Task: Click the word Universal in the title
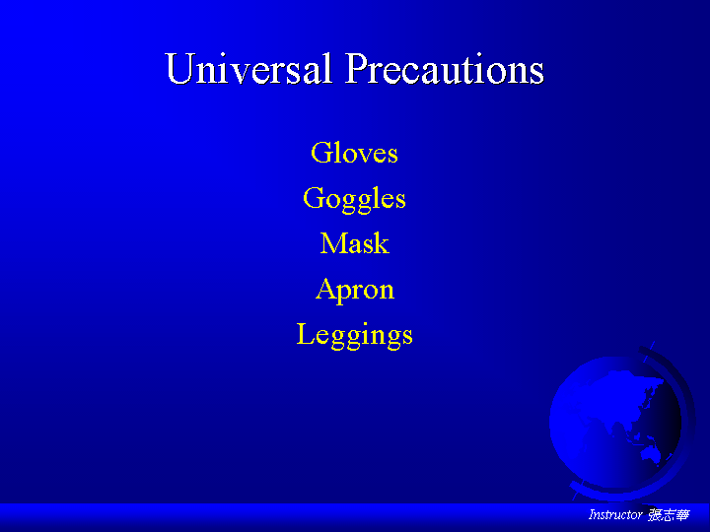pos(248,69)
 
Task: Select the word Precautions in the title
pos(445,69)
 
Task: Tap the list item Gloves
pos(355,153)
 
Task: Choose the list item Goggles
pos(355,199)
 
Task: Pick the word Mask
pos(355,243)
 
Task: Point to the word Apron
pos(355,290)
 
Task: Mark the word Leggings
pos(355,335)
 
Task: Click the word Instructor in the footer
pos(615,514)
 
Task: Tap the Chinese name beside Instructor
pos(669,515)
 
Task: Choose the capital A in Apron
pos(325,288)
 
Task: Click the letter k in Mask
pos(383,243)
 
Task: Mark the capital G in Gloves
pos(320,152)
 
